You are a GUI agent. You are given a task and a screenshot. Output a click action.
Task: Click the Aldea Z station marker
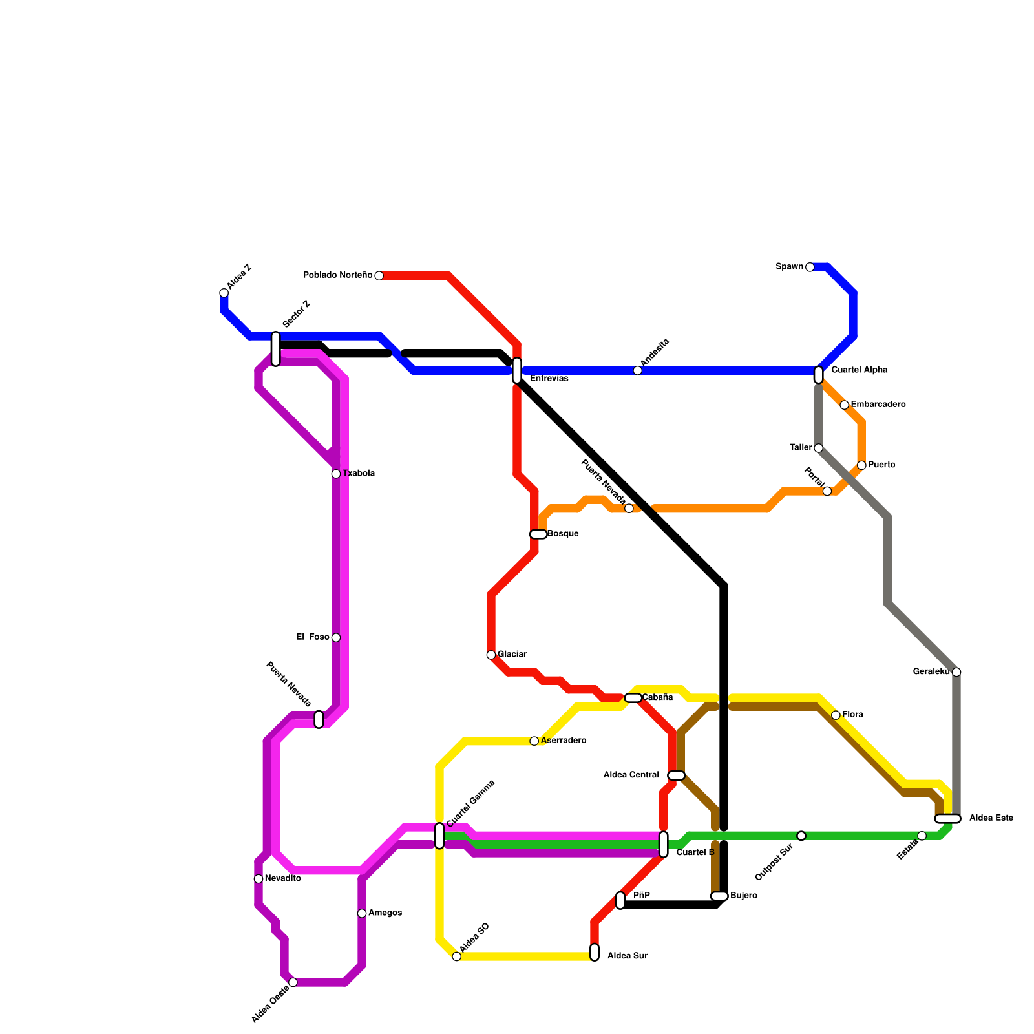(x=224, y=293)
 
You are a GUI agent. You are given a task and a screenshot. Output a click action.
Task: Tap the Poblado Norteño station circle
(x=379, y=276)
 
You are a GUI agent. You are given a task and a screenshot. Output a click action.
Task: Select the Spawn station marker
(x=810, y=267)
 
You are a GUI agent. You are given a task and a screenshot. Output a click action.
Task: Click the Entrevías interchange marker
(x=517, y=370)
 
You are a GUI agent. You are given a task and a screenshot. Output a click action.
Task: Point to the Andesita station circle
(x=638, y=370)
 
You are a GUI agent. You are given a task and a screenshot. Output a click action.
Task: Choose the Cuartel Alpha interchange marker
(x=819, y=375)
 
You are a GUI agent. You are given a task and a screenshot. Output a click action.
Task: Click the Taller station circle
(x=819, y=448)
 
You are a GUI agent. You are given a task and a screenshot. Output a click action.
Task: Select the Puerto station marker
(x=861, y=465)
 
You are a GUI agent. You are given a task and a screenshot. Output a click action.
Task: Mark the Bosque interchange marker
(x=538, y=534)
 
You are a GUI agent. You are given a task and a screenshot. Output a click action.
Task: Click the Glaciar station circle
(x=491, y=655)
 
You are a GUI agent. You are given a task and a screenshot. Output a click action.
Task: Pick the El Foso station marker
(x=336, y=638)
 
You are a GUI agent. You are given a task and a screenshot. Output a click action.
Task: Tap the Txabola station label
(x=359, y=474)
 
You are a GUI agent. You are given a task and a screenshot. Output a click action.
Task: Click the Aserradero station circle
(x=534, y=741)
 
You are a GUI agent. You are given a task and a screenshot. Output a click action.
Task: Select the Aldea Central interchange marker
(x=676, y=775)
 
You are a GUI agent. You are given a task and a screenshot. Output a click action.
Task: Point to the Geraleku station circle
(x=956, y=672)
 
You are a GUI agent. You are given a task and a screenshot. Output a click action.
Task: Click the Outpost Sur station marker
(x=801, y=836)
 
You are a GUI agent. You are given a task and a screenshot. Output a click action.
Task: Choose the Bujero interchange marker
(x=719, y=896)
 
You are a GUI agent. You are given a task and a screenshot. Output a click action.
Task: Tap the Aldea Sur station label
(x=627, y=956)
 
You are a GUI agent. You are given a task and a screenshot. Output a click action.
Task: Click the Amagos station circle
(x=362, y=913)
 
